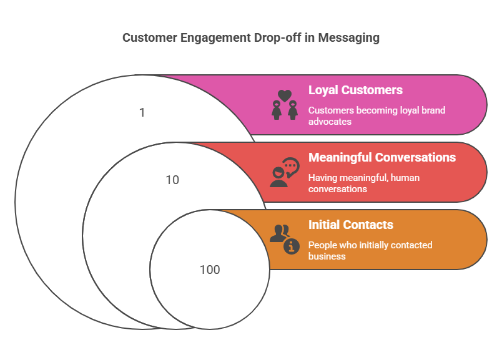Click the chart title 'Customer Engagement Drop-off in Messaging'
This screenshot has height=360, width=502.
[x=251, y=38]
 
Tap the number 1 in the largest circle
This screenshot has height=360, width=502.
[x=142, y=113]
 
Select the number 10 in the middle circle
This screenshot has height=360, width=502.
[x=172, y=180]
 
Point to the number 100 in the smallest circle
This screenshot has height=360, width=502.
[x=210, y=270]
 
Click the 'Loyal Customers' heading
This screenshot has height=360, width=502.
[x=355, y=90]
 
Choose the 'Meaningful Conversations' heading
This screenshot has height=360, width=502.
[x=382, y=157]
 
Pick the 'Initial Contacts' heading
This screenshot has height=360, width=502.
[x=350, y=225]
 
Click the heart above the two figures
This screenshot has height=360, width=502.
[x=285, y=95]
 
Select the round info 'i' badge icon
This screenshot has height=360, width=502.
[x=292, y=246]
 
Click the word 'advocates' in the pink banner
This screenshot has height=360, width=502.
[x=330, y=122]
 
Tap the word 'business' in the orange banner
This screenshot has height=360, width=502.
[x=327, y=256]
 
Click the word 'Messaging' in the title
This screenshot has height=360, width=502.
[x=348, y=38]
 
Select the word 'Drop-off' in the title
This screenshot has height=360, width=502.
[x=278, y=37]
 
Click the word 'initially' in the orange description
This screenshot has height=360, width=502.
[x=373, y=245]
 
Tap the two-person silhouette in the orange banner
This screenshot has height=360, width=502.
[x=279, y=233]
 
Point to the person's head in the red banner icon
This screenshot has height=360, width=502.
[x=278, y=173]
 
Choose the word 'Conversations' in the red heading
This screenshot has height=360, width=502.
[x=415, y=157]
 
